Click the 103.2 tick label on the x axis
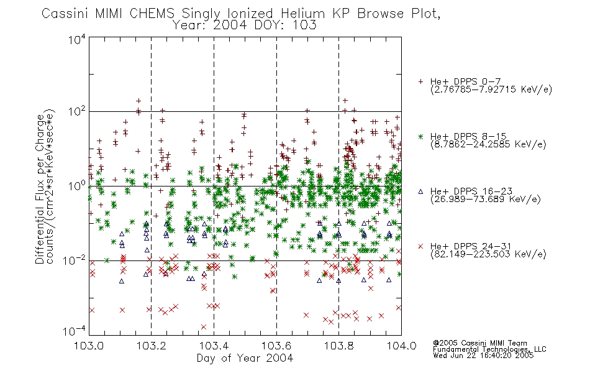[x=152, y=346]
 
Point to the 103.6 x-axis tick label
[x=276, y=346]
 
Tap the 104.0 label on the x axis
[x=401, y=346]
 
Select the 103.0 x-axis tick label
[x=89, y=346]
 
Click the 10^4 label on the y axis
[x=77, y=39]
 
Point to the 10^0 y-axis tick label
[x=77, y=186]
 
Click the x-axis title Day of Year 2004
[x=245, y=358]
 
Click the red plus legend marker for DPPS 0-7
[x=420, y=81]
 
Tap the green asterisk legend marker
[x=420, y=136]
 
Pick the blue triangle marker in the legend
[x=420, y=191]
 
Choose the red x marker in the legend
[x=420, y=246]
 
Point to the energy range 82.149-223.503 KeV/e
[x=488, y=254]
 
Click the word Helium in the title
[x=302, y=14]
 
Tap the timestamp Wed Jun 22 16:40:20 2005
[x=483, y=356]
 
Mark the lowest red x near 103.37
[x=204, y=326]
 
